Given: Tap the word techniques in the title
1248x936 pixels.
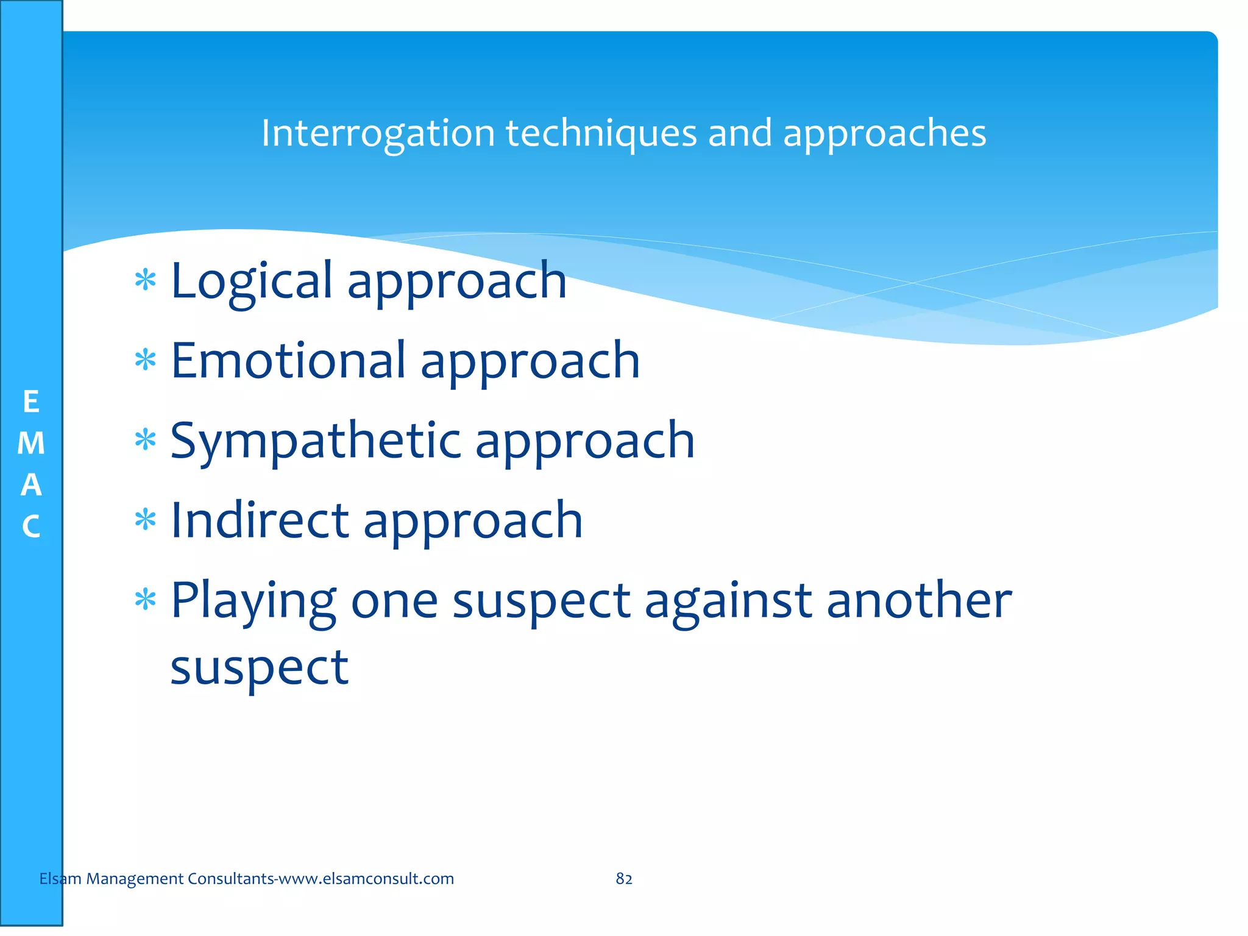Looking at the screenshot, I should point(601,133).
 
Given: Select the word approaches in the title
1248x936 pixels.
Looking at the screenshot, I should point(884,133).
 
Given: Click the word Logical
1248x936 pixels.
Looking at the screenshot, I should point(252,281).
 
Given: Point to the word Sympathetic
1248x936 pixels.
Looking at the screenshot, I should point(316,441).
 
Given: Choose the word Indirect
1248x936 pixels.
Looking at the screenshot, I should point(260,520).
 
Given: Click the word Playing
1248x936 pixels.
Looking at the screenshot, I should point(253,601).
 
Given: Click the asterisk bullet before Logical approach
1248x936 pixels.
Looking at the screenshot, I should point(146,281).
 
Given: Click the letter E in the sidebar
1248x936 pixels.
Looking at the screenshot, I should point(31,402).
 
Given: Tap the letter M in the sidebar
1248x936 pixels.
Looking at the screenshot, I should point(31,444).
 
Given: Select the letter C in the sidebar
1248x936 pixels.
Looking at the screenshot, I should point(31,526).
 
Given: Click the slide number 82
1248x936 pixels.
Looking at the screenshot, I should point(624,879).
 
